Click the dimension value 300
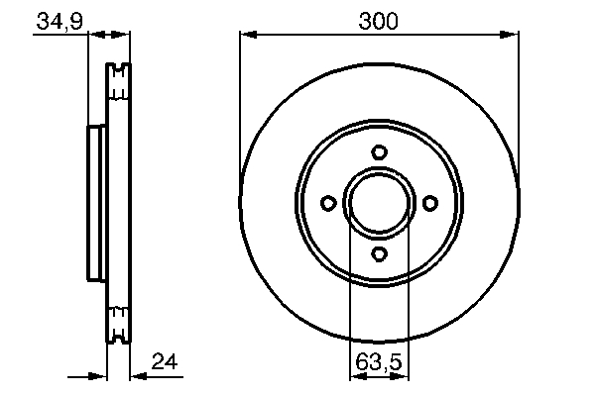379,19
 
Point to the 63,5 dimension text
379,363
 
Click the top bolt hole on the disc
379,151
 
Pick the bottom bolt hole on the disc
379,254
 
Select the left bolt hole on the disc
328,203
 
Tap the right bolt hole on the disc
429,203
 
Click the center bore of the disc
379,203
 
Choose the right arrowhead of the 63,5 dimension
402,376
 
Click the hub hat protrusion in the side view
96,203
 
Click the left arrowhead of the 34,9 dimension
95,36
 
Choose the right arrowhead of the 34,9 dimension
124,36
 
